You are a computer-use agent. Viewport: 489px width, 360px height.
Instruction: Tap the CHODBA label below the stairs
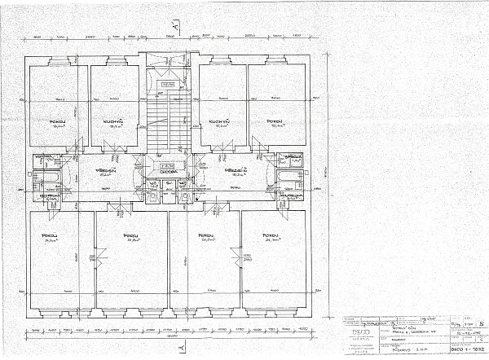(x=169, y=172)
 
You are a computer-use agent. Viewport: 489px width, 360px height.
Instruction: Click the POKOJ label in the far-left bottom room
(x=49, y=235)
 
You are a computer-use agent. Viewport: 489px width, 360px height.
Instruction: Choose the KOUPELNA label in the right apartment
(x=289, y=195)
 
